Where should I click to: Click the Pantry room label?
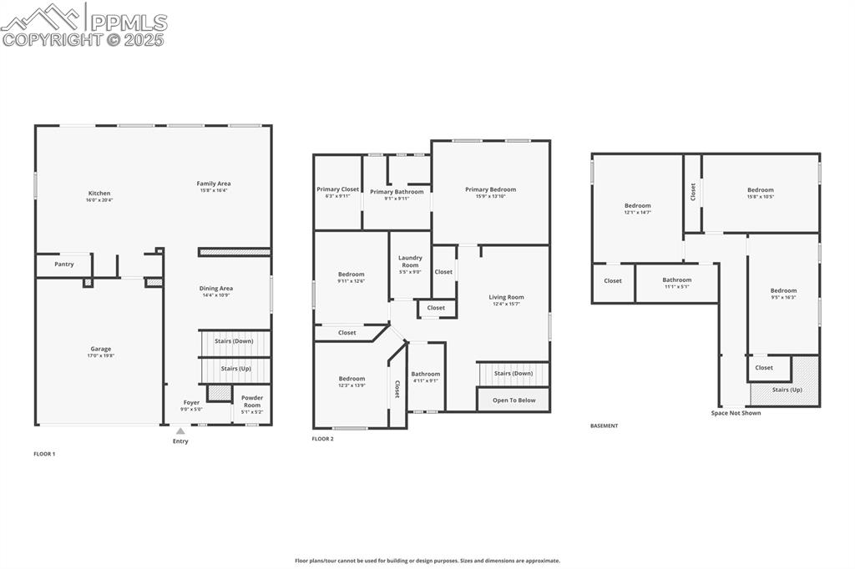(x=64, y=264)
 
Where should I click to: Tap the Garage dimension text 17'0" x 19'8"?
(x=101, y=356)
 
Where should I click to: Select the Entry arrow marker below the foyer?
(x=180, y=431)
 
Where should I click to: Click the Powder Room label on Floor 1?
(x=252, y=401)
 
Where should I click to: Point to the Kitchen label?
(x=99, y=194)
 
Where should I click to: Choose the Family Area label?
(x=214, y=184)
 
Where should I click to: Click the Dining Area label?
(x=216, y=289)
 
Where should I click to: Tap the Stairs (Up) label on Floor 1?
(x=235, y=368)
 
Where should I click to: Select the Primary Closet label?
(x=337, y=189)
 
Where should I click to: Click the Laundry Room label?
(x=410, y=261)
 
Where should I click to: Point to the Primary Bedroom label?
(x=490, y=189)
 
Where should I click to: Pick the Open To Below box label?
(x=514, y=400)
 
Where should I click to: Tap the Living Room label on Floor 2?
(x=506, y=297)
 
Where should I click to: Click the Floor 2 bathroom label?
(x=425, y=374)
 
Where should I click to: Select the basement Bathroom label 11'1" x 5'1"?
(x=676, y=280)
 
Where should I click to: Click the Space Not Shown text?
(x=736, y=413)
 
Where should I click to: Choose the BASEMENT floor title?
(x=605, y=426)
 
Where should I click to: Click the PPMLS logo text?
(x=129, y=23)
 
